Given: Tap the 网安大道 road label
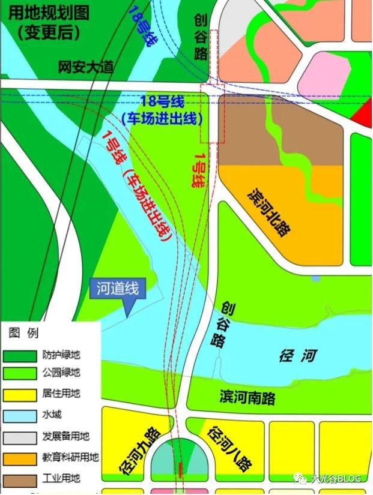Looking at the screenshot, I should [x=86, y=67].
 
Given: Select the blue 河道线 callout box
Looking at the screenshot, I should [x=118, y=289].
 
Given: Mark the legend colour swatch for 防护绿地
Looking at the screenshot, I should [x=20, y=355].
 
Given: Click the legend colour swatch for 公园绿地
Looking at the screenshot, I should [x=20, y=373].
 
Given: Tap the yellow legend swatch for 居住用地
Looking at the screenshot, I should [x=20, y=394].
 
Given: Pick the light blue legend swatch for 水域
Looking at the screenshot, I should [x=20, y=415].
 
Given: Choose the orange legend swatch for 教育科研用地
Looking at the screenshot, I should [x=20, y=458].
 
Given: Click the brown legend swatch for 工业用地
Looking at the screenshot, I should [x=20, y=479].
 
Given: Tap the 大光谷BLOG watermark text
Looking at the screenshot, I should [x=336, y=478].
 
